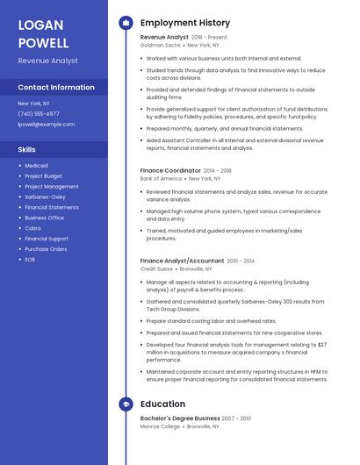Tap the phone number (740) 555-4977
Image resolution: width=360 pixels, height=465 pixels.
pyautogui.click(x=39, y=114)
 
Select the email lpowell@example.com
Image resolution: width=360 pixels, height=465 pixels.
pyautogui.click(x=46, y=125)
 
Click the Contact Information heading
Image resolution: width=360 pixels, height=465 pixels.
pyautogui.click(x=56, y=88)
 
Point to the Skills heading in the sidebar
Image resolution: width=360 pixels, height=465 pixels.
pyautogui.click(x=26, y=149)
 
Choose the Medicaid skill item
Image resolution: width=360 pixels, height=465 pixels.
pyautogui.click(x=36, y=166)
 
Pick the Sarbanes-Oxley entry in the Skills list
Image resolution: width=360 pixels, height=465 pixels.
pyautogui.click(x=45, y=197)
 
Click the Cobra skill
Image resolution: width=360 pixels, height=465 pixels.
pyautogui.click(x=33, y=228)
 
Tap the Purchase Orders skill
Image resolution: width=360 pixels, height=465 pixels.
pyautogui.click(x=46, y=249)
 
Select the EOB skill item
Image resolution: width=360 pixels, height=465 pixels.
pyautogui.click(x=30, y=260)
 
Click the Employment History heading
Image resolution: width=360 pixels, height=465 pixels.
pyautogui.click(x=185, y=23)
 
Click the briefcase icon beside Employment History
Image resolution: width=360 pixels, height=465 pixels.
pyautogui.click(x=126, y=23)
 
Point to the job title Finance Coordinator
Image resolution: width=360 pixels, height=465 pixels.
pyautogui.click(x=170, y=170)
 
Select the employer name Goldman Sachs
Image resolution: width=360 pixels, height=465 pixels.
pyautogui.click(x=159, y=45)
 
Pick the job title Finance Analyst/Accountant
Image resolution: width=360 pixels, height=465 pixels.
pyautogui.click(x=182, y=261)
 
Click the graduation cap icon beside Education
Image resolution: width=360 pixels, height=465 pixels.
pyautogui.click(x=126, y=404)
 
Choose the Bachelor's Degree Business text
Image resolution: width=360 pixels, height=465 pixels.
pyautogui.click(x=180, y=418)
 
